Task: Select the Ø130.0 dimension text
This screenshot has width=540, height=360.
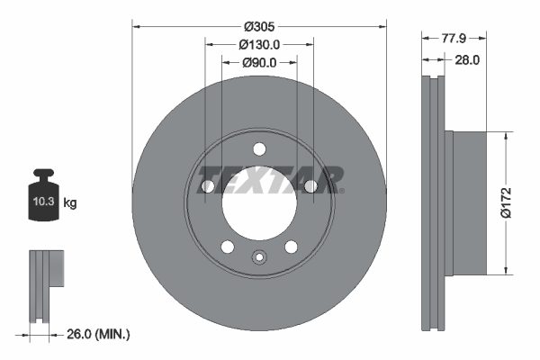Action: [259, 44]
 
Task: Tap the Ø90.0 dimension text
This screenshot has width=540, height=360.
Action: [259, 62]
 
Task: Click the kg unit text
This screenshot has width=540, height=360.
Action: [70, 203]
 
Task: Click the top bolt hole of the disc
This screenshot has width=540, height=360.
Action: [259, 148]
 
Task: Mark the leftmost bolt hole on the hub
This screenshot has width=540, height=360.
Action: [208, 186]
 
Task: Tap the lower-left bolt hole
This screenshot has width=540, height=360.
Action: [228, 247]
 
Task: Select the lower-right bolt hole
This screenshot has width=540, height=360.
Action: [291, 247]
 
